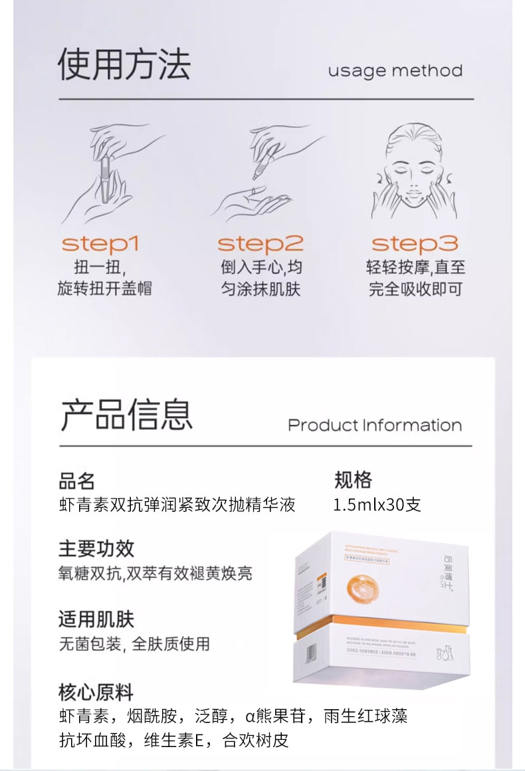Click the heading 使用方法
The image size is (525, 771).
tap(124, 64)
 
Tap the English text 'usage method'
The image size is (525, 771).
tap(395, 70)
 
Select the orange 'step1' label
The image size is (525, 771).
tap(100, 244)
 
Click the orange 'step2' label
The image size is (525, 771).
tap(261, 244)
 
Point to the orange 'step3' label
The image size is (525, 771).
tap(415, 244)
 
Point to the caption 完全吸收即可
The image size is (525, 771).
tap(415, 289)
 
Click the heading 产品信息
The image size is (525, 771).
tap(127, 415)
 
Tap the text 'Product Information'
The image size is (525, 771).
tap(375, 425)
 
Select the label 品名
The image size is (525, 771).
tap(77, 481)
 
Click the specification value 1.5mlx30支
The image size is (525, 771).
tap(377, 504)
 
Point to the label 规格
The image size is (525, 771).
tap(353, 481)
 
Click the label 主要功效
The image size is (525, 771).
tap(96, 548)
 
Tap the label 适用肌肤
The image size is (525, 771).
tap(96, 619)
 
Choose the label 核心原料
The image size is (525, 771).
tap(96, 691)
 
